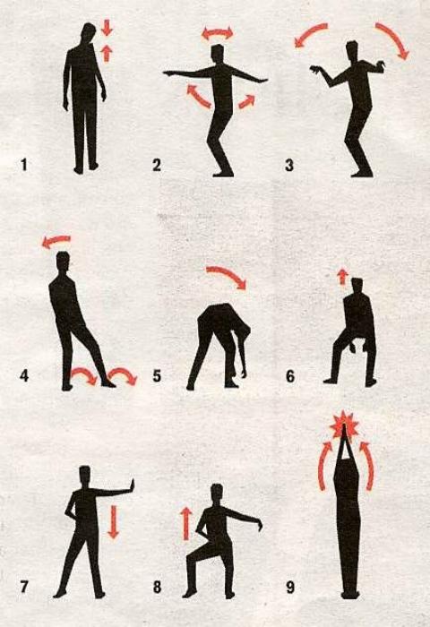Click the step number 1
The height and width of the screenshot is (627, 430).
(24, 165)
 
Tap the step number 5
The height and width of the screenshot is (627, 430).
(157, 376)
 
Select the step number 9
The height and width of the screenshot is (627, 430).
(290, 588)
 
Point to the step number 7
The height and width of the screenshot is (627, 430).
(24, 588)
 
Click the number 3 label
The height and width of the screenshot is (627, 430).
(289, 165)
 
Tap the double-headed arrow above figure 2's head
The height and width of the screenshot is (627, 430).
(217, 33)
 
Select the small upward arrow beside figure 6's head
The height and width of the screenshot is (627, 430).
(341, 276)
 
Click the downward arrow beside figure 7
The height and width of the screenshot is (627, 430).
(114, 521)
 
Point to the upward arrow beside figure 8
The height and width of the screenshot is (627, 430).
(185, 524)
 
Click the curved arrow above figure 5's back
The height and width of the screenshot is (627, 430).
(228, 276)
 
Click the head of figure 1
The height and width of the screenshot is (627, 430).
(89, 34)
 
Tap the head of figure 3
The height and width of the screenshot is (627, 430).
(351, 50)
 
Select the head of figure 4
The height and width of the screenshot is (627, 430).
(64, 262)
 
